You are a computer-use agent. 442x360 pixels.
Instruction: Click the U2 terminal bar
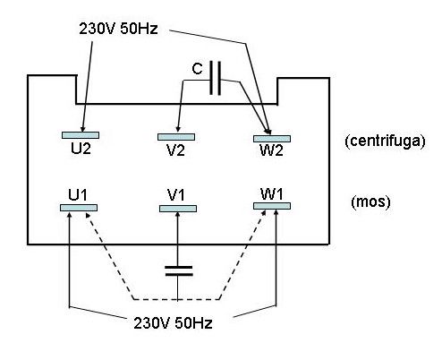pos(81,135)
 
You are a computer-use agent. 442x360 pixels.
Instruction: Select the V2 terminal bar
pos(176,137)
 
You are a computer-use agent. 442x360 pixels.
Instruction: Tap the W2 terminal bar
pos(272,139)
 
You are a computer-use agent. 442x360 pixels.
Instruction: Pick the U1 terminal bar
pos(79,208)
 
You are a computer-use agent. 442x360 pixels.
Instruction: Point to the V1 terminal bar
pos(178,209)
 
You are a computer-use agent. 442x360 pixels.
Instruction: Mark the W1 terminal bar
pos(272,206)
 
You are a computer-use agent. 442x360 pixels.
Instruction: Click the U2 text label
pos(81,148)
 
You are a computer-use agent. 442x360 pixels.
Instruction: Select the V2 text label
pos(175,150)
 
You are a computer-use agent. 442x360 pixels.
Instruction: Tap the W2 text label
pos(271,150)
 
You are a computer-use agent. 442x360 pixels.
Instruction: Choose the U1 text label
pos(78,195)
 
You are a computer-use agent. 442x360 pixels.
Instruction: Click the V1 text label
pos(176,195)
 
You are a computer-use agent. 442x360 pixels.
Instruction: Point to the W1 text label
pos(272,194)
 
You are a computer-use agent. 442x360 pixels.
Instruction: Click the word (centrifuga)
pos(385,141)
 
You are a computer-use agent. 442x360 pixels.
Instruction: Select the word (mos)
pos(370,202)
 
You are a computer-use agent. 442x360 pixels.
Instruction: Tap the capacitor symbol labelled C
pos(216,78)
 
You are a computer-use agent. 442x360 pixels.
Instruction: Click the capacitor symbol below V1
pos(179,270)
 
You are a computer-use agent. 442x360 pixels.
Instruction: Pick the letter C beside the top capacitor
pos(197,69)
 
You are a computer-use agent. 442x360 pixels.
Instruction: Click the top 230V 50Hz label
pos(118,29)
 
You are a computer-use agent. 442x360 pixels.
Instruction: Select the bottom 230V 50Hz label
pos(173,323)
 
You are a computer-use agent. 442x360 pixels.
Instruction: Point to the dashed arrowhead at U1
pos(88,215)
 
